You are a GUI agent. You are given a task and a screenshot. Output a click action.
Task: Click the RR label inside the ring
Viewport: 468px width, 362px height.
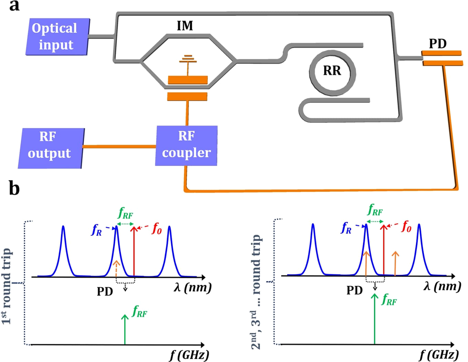pyautogui.click(x=332, y=70)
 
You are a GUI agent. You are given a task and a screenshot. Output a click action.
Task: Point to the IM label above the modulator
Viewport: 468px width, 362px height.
pyautogui.click(x=185, y=26)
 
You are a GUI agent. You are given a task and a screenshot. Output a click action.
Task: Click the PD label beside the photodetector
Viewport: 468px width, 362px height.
pyautogui.click(x=438, y=44)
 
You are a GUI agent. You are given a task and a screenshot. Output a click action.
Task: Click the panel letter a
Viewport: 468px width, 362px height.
pyautogui.click(x=14, y=6)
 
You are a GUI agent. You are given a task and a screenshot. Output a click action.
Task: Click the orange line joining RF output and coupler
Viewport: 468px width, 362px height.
pyautogui.click(x=119, y=147)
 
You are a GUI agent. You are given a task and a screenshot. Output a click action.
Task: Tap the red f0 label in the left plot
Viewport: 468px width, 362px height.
pyautogui.click(x=156, y=228)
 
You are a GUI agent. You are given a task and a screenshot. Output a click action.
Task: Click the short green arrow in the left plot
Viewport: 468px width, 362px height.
pyautogui.click(x=125, y=330)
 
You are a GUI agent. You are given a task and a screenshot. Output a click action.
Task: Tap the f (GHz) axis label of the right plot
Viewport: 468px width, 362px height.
pyautogui.click(x=439, y=355)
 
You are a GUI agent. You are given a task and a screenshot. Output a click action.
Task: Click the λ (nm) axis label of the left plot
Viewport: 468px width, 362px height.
pyautogui.click(x=192, y=288)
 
